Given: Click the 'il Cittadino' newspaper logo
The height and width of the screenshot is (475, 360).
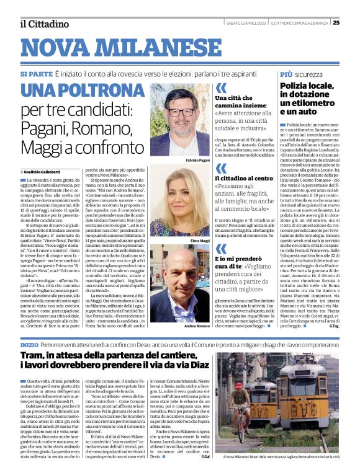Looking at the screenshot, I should click(x=43, y=24).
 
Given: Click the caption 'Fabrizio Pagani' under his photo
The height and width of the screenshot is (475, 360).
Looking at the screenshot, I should click(x=197, y=160).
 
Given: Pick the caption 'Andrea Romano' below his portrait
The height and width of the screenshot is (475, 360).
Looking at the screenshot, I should click(x=197, y=326).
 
